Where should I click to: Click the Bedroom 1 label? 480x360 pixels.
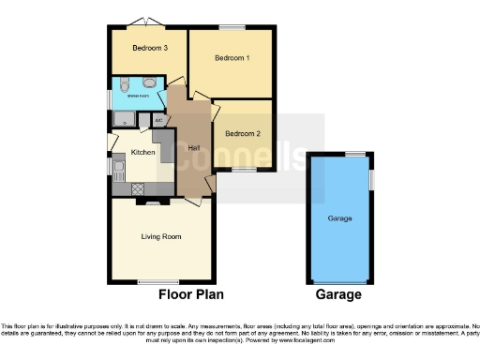[232, 58]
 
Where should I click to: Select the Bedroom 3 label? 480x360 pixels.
[149, 49]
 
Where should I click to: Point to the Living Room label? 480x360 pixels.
[160, 236]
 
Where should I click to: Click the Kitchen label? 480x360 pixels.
[142, 152]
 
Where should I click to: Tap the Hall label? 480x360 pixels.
[194, 148]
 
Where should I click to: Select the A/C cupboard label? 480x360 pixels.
[157, 120]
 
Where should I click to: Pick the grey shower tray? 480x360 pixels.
[124, 118]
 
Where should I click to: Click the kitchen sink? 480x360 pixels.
[119, 169]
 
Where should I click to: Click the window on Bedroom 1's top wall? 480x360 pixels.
[232, 27]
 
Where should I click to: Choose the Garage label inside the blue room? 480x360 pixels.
[338, 217]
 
